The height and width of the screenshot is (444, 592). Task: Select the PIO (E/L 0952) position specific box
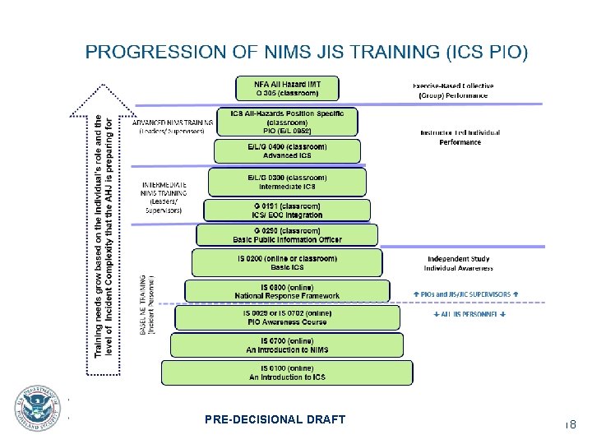(x=287, y=122)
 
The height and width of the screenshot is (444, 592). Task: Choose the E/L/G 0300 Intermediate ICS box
(x=287, y=181)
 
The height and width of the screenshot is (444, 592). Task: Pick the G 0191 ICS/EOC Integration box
(x=286, y=210)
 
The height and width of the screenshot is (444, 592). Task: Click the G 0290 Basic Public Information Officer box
(x=287, y=235)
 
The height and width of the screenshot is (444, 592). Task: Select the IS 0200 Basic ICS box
(x=287, y=263)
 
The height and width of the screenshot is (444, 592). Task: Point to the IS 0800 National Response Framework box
(x=287, y=291)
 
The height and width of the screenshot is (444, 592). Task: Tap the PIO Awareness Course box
(x=287, y=318)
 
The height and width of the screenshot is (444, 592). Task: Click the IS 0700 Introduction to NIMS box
(x=287, y=345)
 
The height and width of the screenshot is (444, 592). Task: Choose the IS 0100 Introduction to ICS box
(x=287, y=372)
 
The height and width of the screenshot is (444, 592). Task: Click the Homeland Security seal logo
(x=37, y=409)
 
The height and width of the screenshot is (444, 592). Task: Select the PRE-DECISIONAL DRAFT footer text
(x=275, y=420)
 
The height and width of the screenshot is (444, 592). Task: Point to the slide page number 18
(x=570, y=424)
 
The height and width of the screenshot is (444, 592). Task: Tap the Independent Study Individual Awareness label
(x=458, y=264)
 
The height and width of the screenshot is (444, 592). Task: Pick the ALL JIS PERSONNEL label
(x=469, y=314)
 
